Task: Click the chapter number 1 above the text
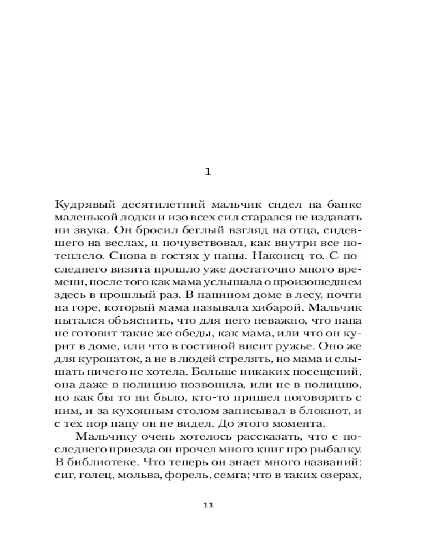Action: [208, 172]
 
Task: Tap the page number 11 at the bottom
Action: [208, 505]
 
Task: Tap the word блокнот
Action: [326, 410]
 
